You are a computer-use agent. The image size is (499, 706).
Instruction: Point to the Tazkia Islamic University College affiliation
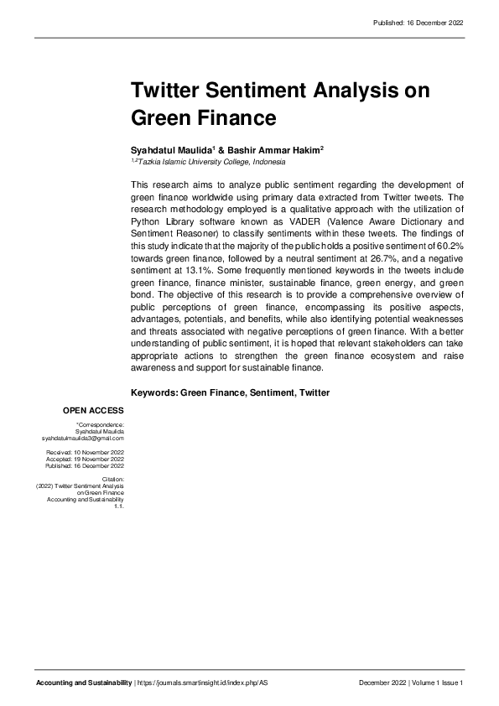210,162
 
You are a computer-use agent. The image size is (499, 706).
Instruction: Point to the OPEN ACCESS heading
93,410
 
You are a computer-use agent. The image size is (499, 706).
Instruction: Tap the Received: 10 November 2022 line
85,453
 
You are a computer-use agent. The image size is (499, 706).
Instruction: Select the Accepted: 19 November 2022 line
85,459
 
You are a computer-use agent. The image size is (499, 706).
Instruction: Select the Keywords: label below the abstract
153,392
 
